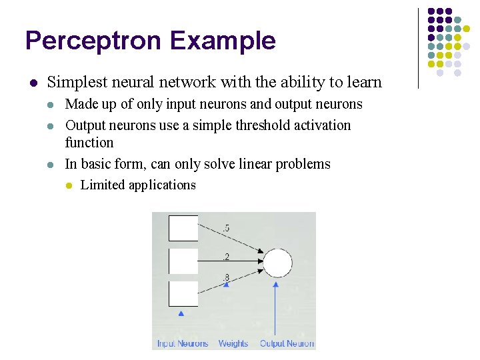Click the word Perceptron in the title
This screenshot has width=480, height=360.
[93, 41]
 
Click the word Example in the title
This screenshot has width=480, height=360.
[222, 41]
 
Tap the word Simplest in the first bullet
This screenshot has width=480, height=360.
[73, 83]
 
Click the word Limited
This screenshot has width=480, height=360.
[102, 185]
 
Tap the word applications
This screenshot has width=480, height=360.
[161, 185]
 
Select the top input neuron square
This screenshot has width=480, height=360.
[183, 228]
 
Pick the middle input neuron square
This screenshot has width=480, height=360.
[183, 261]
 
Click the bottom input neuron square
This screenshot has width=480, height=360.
[183, 293]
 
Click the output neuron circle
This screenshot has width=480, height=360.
[277, 264]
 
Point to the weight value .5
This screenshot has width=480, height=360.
[226, 229]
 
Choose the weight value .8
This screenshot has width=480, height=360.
[226, 277]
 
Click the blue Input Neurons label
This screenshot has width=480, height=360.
[183, 343]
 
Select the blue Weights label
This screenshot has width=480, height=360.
[233, 343]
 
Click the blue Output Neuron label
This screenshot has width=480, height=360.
[287, 343]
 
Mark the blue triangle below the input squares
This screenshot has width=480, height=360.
[181, 313]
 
